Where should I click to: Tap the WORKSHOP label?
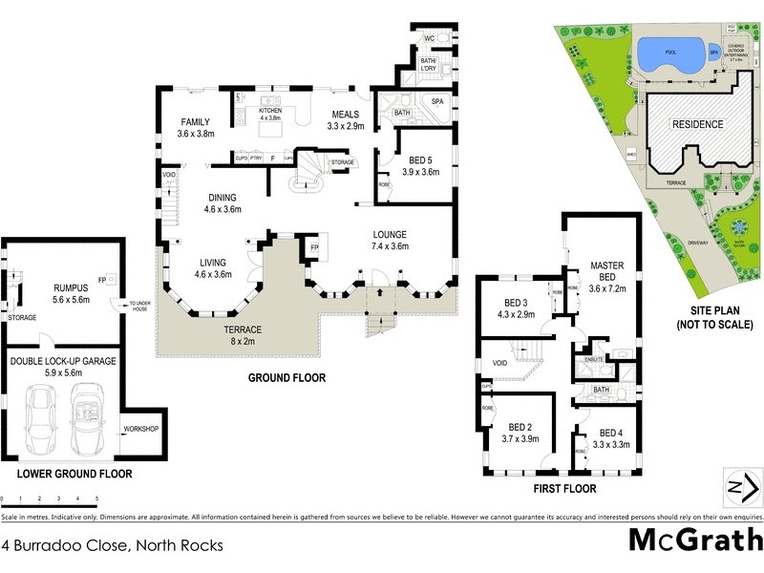141,429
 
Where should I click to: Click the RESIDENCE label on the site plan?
695,125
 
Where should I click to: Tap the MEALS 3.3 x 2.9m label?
346,119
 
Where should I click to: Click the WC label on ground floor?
429,38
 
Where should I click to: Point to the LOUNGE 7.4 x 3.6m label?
390,240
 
